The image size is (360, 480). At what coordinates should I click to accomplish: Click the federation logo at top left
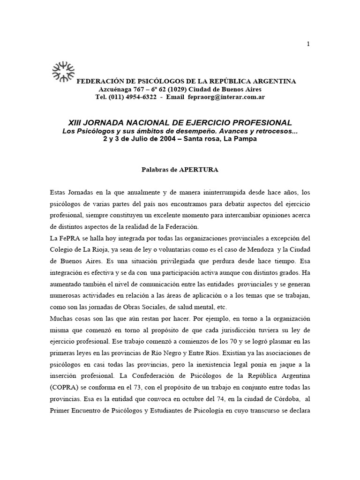(63, 71)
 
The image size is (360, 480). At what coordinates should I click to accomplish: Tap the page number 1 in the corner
(308, 44)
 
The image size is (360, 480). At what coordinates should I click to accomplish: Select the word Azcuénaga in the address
(114, 89)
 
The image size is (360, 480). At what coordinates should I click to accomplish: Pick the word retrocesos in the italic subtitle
(277, 131)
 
